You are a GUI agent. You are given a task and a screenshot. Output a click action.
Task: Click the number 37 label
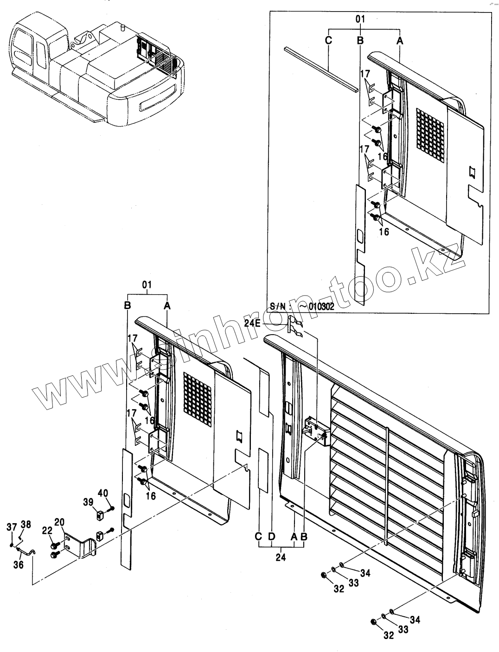[11, 526]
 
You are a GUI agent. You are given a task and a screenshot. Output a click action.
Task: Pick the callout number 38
[26, 525]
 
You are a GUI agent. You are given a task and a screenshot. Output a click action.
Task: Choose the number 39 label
[88, 501]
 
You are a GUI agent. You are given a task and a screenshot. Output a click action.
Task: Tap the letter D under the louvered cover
[272, 536]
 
